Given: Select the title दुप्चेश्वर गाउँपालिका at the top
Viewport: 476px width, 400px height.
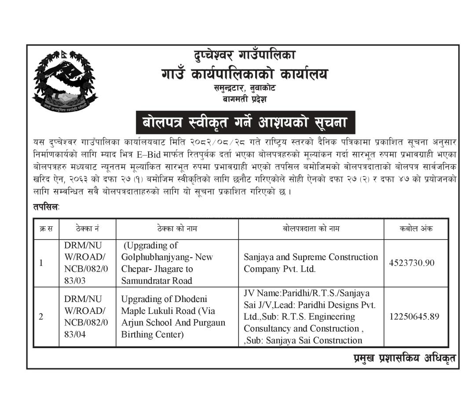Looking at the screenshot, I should (x=245, y=55).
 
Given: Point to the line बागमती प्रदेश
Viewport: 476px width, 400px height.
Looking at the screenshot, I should (x=245, y=99).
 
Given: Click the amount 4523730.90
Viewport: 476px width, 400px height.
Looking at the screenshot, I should (x=412, y=263).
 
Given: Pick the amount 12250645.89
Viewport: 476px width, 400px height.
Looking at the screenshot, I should (x=414, y=316).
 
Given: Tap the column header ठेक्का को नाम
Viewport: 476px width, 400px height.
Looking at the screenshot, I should (x=177, y=229).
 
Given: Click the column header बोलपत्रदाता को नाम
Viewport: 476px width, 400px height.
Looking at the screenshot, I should (x=311, y=229).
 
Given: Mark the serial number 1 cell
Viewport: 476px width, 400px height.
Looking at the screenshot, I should (x=41, y=263).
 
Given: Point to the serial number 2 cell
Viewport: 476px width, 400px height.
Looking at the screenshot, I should (x=41, y=316).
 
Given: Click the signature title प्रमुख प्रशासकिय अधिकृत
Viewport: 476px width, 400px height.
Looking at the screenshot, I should (x=405, y=358).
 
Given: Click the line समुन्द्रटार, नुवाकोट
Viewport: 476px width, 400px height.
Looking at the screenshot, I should (x=245, y=88).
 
